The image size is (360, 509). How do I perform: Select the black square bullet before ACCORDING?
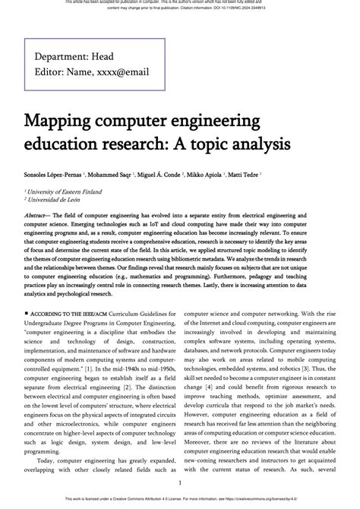27,312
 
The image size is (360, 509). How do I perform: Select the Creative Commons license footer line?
179,501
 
